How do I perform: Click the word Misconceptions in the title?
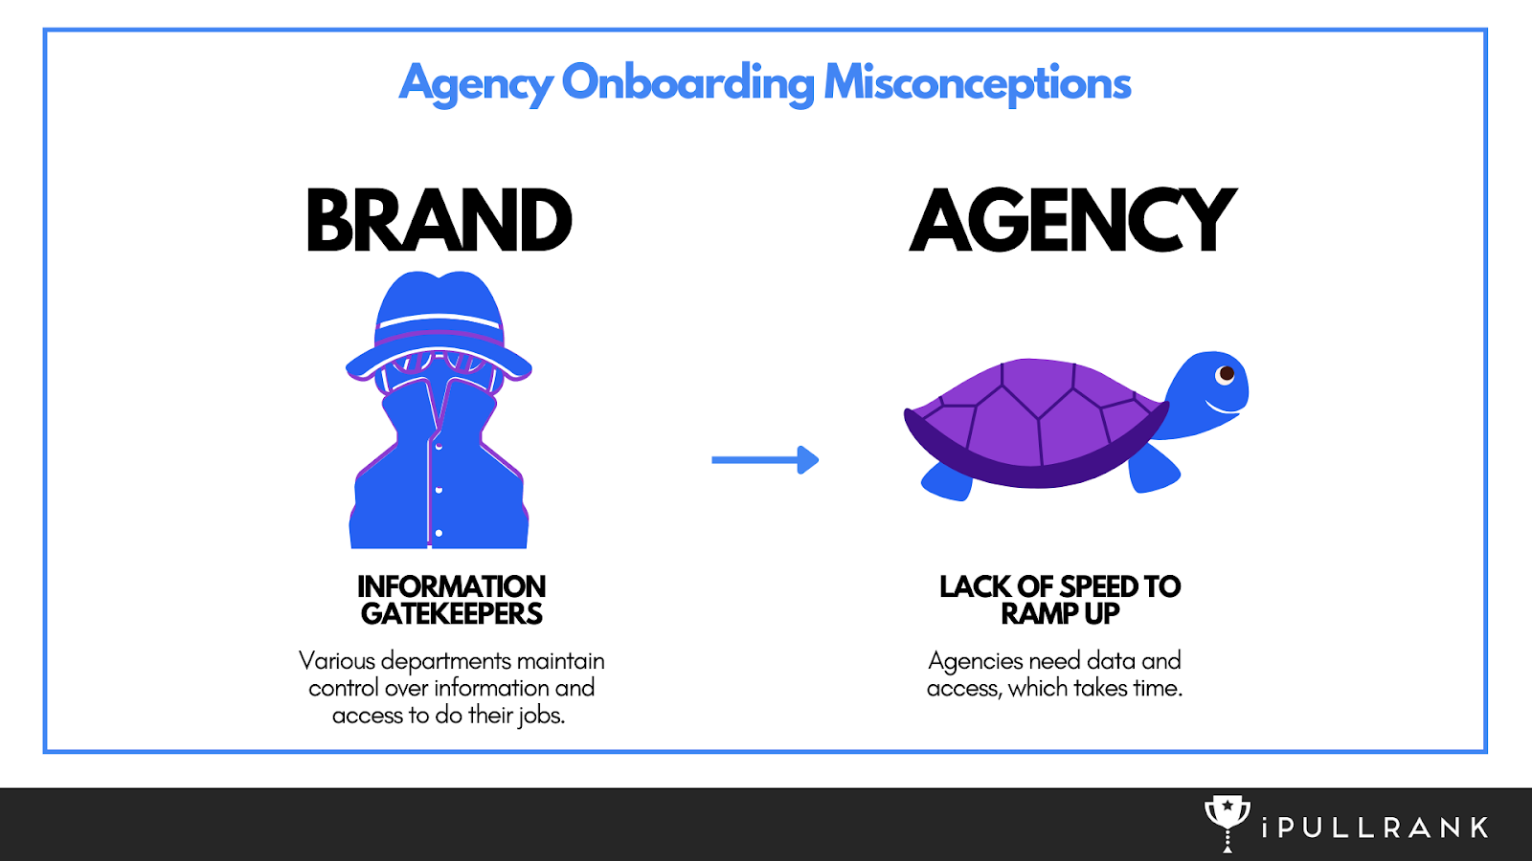click(x=977, y=83)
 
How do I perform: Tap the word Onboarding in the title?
click(x=687, y=83)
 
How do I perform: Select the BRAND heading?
click(x=439, y=221)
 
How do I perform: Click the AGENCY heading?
click(x=1072, y=221)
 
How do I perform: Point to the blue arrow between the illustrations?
click(x=765, y=460)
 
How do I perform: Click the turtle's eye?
click(x=1225, y=374)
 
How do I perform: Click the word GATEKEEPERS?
click(x=452, y=614)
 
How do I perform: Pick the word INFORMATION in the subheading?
click(x=452, y=585)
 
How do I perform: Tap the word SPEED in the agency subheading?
click(x=1099, y=585)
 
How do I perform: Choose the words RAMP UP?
click(x=1060, y=614)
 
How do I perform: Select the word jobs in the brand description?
click(x=542, y=716)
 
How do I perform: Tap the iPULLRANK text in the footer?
click(x=1375, y=828)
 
